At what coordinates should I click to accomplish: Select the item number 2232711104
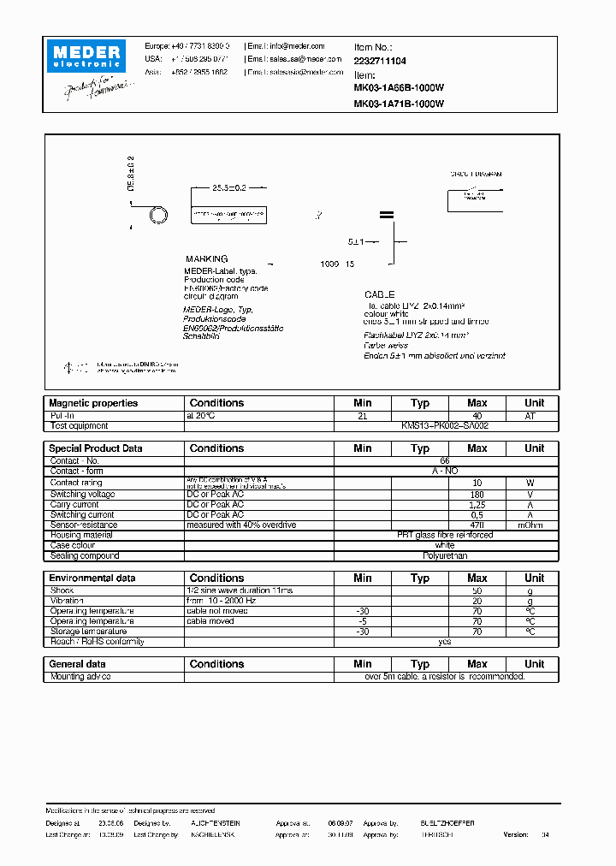[x=380, y=62]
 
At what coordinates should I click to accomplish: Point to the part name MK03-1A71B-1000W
[x=399, y=104]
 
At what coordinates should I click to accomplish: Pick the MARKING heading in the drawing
[x=207, y=258]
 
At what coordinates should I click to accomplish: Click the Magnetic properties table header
[x=93, y=403]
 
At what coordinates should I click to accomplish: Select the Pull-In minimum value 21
[x=362, y=415]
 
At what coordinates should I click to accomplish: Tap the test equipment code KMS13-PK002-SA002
[x=445, y=425]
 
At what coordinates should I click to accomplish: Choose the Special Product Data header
[x=96, y=448]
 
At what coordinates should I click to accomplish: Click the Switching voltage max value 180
[x=477, y=495]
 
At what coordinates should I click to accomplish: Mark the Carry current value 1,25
[x=477, y=505]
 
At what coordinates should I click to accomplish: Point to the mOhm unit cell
[x=534, y=525]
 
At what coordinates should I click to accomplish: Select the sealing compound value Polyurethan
[x=445, y=556]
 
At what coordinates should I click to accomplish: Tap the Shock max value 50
[x=477, y=590]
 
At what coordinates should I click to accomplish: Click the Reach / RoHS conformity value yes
[x=445, y=642]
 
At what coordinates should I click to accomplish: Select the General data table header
[x=78, y=664]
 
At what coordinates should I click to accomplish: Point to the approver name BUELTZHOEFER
[x=447, y=822]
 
